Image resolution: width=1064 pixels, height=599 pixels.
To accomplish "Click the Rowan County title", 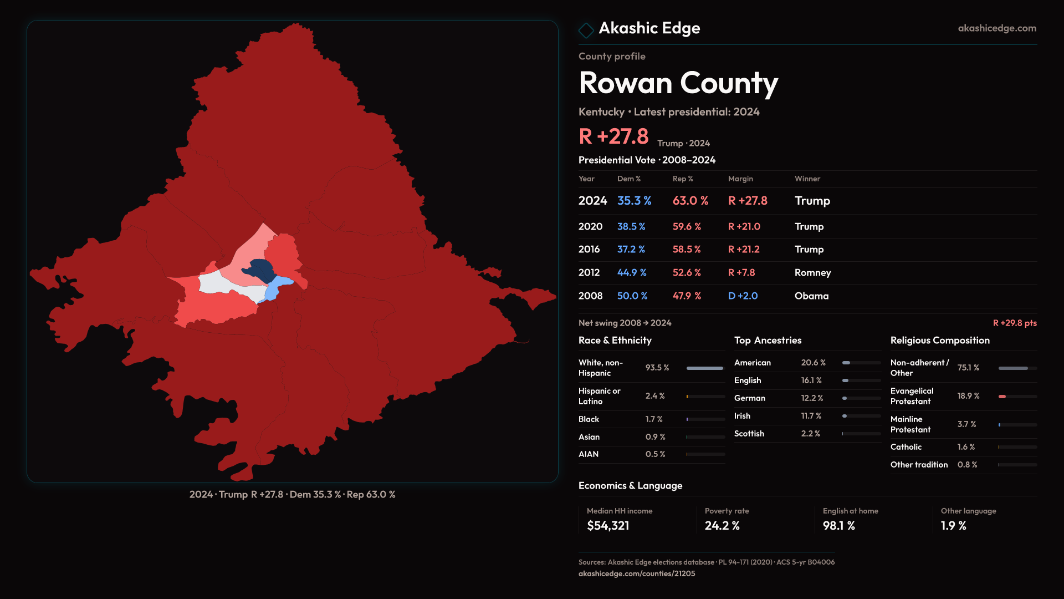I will click(x=678, y=83).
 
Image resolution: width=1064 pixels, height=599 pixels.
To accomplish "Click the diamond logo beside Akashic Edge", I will click(x=586, y=30).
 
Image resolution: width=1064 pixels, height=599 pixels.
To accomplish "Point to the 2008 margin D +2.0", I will click(x=743, y=296).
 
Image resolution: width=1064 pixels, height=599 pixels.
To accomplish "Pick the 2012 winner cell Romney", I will click(x=812, y=273).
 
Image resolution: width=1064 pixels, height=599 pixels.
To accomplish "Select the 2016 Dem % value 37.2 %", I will click(x=631, y=250).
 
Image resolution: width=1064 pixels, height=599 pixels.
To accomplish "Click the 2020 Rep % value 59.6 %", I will click(x=687, y=227).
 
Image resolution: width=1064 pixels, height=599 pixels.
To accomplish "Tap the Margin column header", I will click(x=740, y=179).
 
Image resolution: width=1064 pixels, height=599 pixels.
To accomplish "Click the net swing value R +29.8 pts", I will click(x=1014, y=323).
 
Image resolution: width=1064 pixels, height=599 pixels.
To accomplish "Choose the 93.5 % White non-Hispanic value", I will click(x=657, y=368).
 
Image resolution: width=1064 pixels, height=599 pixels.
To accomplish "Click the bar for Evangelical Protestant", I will click(x=1017, y=397).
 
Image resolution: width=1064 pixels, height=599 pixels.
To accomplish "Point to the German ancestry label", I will click(x=749, y=398).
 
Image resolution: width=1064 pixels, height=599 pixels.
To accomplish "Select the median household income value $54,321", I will click(x=608, y=526).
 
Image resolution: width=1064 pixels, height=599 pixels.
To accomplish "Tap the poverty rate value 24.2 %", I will click(x=722, y=526).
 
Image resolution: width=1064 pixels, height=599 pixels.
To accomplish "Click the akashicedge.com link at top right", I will click(x=997, y=28).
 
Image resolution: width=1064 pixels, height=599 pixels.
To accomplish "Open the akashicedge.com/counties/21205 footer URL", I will click(x=637, y=574).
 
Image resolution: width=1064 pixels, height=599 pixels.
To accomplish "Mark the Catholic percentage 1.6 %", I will click(x=966, y=447).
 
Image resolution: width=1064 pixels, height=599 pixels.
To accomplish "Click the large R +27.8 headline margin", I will click(x=613, y=137).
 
